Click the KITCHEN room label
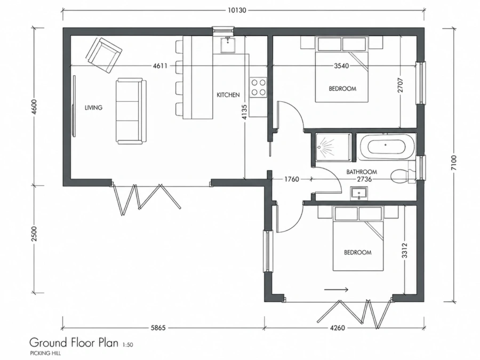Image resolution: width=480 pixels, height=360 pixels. (x=228, y=95)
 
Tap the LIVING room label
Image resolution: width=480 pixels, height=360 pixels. (x=94, y=107)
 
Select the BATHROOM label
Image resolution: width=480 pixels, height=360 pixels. (x=362, y=172)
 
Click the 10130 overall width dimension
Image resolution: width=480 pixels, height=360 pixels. (x=237, y=10)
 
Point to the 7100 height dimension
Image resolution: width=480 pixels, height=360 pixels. (x=453, y=163)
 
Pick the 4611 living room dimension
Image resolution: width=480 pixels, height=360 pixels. (x=160, y=66)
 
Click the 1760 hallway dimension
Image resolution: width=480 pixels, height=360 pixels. (x=291, y=179)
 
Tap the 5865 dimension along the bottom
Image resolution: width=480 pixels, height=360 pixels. (x=158, y=328)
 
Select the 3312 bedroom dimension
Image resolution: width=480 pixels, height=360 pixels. (x=405, y=251)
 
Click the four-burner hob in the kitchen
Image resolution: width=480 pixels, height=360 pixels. (x=258, y=87)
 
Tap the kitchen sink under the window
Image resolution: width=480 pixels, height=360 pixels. (x=227, y=45)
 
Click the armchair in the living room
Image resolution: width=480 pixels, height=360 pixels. (x=104, y=55)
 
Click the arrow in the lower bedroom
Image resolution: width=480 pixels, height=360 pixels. (x=336, y=289)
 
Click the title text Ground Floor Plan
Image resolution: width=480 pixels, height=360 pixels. (x=74, y=342)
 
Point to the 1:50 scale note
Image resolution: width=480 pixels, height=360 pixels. (x=127, y=345)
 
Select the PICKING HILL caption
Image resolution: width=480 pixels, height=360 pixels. (x=45, y=353)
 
